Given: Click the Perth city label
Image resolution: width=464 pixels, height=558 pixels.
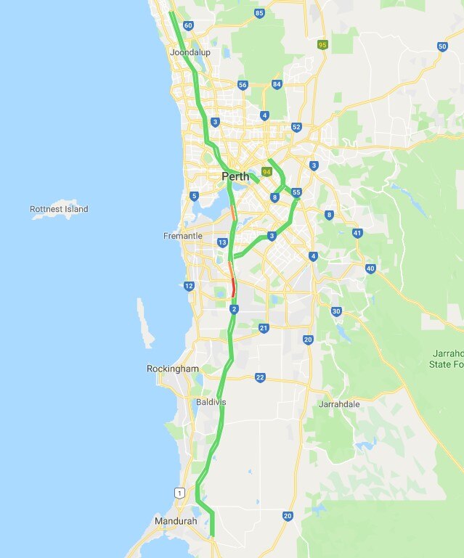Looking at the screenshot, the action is click(235, 176).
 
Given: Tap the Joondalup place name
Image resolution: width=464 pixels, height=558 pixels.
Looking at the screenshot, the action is click(189, 53).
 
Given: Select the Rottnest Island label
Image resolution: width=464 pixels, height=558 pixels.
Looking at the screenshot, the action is click(59, 209).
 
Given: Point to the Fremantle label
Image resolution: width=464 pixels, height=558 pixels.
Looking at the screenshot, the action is click(182, 236).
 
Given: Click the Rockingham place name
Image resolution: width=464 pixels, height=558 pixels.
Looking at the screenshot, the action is click(172, 369).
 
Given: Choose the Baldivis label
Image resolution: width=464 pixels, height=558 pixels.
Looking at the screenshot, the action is click(211, 401).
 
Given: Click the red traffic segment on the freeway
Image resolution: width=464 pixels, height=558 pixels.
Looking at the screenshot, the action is click(233, 288).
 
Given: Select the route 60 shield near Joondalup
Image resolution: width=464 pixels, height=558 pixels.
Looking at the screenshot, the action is click(189, 25).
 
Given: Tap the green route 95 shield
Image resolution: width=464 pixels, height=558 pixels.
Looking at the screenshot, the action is click(322, 45).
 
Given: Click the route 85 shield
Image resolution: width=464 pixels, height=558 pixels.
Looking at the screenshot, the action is click(259, 13).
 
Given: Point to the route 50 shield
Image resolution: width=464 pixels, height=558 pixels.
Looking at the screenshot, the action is click(442, 46).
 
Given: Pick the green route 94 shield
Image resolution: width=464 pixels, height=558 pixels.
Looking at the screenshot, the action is click(266, 172).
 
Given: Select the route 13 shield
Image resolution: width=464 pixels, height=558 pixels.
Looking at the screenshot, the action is click(221, 242).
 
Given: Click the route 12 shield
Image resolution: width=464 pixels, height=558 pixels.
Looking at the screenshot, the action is click(189, 286).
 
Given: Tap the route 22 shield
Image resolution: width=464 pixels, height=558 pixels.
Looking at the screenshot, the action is click(260, 377).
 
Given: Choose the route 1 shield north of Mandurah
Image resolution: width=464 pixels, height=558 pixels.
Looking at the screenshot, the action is click(179, 493).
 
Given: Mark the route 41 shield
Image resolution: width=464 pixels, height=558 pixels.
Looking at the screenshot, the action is click(357, 233).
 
